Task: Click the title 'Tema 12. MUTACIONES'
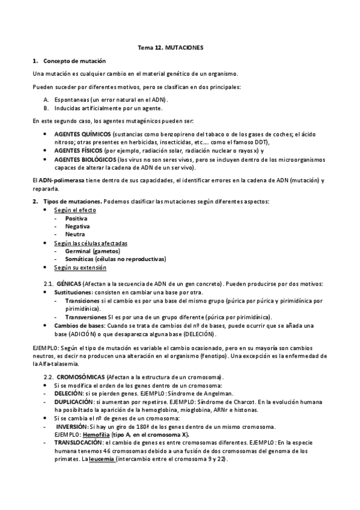[x=179, y=46]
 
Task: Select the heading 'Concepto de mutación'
[x=75, y=61]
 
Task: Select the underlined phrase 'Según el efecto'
[x=75, y=210]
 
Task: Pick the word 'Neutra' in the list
[x=75, y=235]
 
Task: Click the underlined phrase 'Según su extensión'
[x=80, y=268]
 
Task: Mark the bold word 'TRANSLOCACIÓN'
[x=79, y=442]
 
